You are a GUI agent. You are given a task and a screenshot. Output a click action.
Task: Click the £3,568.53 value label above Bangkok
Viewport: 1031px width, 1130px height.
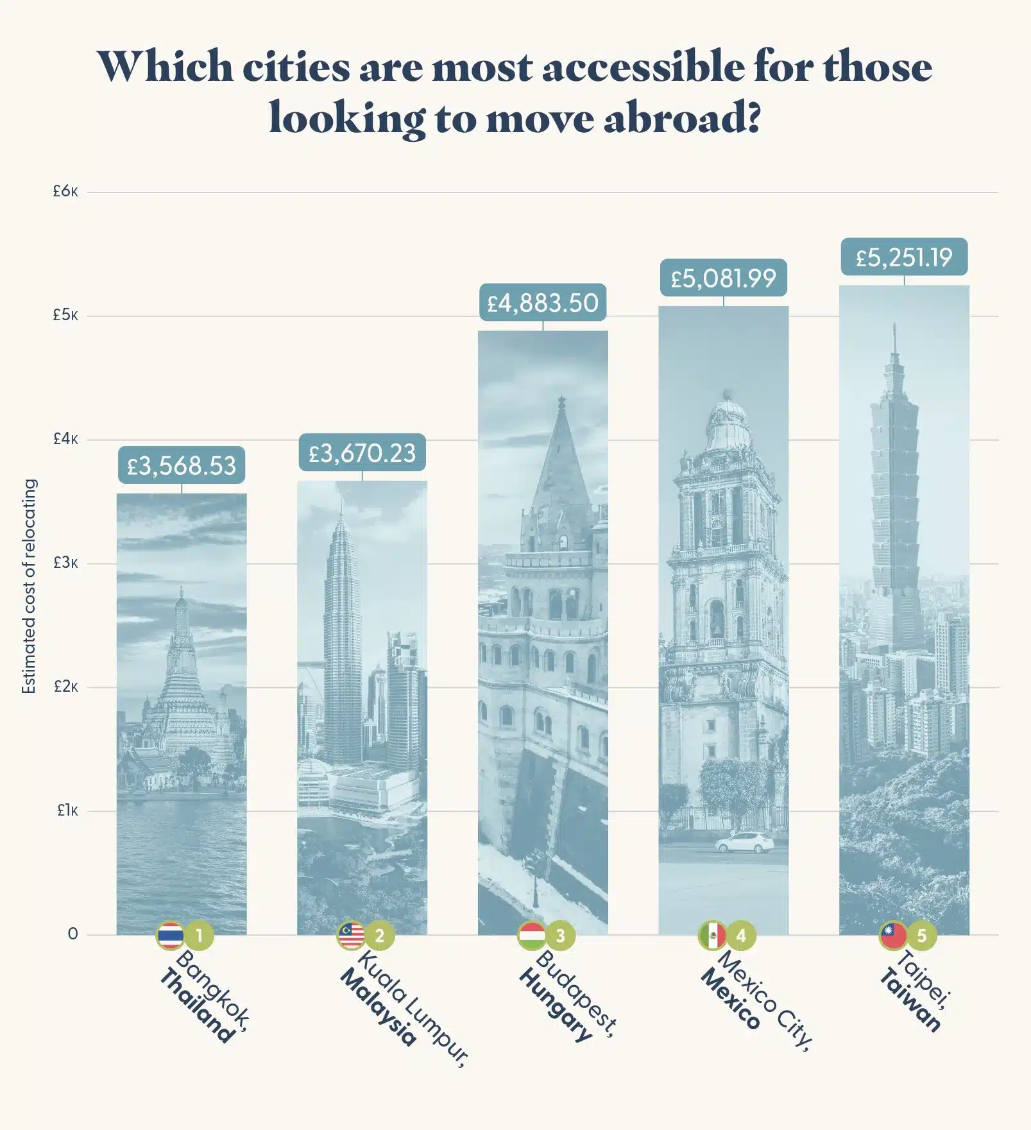coord(182,465)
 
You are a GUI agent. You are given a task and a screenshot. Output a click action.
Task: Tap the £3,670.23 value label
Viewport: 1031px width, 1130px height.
coord(362,453)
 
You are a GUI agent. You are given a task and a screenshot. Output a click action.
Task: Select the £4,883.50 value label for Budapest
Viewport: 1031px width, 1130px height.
coord(543,302)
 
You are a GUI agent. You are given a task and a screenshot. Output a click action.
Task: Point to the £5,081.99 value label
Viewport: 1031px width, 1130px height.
coord(724,278)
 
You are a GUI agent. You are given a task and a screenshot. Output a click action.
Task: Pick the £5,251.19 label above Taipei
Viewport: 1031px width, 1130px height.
coord(904,257)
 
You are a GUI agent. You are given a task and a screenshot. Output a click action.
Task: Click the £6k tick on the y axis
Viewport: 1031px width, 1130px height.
coord(65,191)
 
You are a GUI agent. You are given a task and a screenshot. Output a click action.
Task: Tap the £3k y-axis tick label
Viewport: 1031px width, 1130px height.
coord(65,563)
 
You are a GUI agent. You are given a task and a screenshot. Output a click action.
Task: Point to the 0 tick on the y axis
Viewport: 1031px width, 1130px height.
coord(72,934)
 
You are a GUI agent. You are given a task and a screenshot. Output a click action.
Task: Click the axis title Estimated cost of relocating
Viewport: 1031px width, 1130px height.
coord(29,586)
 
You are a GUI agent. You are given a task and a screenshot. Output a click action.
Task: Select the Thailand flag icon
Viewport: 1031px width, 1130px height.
coord(170,936)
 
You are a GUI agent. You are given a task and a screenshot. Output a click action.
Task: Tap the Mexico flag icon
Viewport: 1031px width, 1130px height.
coord(712,936)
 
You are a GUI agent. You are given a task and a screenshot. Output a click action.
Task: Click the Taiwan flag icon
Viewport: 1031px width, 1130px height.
coord(892,936)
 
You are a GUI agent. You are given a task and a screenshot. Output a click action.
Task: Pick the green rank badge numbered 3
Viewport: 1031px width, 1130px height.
coord(561,936)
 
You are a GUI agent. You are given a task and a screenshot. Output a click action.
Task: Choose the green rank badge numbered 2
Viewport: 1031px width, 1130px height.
coord(380,936)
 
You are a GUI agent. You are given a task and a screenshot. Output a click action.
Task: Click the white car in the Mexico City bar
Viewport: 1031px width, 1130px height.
coord(744,842)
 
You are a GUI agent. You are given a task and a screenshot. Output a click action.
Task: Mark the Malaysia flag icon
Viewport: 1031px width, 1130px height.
coord(351,936)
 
